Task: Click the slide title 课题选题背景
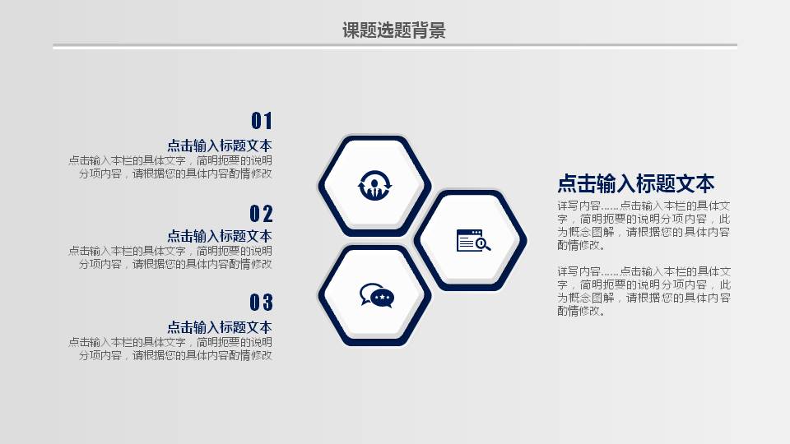coord(394,31)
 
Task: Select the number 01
coord(261,121)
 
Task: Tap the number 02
coord(261,214)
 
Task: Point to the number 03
coord(261,303)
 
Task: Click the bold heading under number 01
coord(219,146)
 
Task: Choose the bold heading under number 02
coord(219,236)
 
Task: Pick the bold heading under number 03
coord(219,326)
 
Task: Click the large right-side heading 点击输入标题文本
coord(635,183)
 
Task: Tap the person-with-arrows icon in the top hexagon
coord(374,187)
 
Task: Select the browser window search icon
coord(473,240)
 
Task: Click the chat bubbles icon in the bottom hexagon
coord(376,295)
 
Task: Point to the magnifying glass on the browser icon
coord(483,243)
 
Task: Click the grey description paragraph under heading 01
coord(170,167)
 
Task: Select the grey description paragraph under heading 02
coord(170,257)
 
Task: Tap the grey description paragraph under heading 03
coord(170,349)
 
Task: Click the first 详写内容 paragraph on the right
coord(643,225)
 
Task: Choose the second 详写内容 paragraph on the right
coord(643,291)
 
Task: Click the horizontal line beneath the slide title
coord(394,47)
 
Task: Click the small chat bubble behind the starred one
coord(365,290)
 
